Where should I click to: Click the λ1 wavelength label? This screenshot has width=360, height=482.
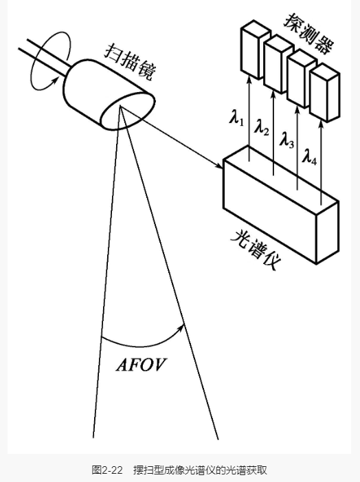(236, 118)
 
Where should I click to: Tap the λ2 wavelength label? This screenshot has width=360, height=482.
(261, 128)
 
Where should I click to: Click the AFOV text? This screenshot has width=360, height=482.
(141, 365)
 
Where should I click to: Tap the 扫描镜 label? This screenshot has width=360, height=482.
(130, 63)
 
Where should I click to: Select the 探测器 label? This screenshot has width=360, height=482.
(309, 32)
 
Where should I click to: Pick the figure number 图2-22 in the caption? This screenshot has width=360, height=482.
(107, 470)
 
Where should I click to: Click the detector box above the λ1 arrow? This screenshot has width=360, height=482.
(255, 50)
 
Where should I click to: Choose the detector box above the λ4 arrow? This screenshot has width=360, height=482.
(325, 92)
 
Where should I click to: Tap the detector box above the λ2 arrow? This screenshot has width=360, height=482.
(278, 64)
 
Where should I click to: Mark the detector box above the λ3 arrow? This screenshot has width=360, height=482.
(302, 79)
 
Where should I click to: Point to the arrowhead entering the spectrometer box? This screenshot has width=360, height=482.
(218, 166)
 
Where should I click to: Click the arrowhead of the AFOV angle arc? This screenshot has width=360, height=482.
(181, 327)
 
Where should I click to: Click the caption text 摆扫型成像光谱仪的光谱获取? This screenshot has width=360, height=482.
(200, 470)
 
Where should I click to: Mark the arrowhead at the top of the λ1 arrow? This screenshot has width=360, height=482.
(249, 80)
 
